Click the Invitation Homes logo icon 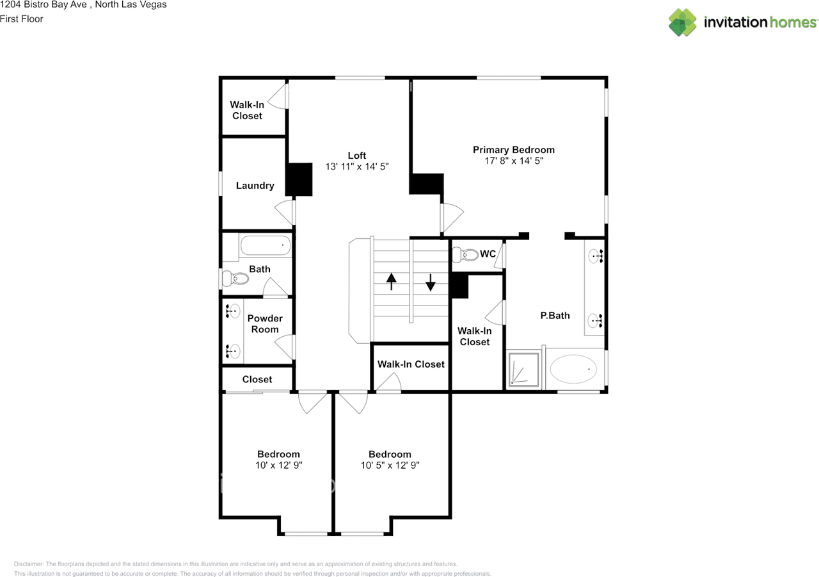683,22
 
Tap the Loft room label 357,156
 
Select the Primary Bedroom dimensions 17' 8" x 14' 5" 513,161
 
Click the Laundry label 255,186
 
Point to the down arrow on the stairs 430,281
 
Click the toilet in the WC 465,256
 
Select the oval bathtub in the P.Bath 573,369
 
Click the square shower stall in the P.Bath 523,370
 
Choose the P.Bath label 555,316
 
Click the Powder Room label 265,324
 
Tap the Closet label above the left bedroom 257,380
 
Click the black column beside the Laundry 298,179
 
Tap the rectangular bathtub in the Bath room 265,245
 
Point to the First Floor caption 22,19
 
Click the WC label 488,254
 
